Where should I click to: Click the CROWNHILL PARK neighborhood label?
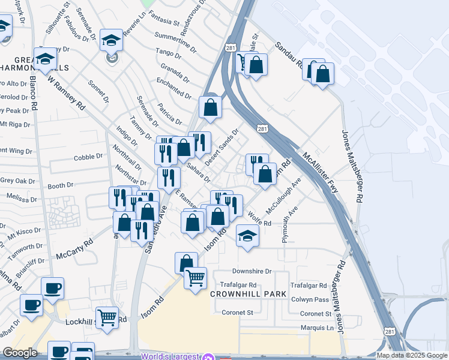[x=243, y=295]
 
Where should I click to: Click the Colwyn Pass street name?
[x=309, y=299]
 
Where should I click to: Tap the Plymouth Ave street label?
[x=291, y=225]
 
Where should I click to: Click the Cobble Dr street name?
[x=88, y=157]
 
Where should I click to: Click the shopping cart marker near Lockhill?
[x=107, y=317]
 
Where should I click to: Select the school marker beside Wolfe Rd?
[x=247, y=236]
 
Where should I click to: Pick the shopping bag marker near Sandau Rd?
[x=322, y=74]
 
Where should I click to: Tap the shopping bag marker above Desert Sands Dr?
[x=211, y=107]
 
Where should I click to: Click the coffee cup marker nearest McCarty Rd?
[x=52, y=288]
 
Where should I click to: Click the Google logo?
[x=20, y=353]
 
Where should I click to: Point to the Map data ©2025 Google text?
[x=412, y=355]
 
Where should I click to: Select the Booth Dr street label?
[x=60, y=186]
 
